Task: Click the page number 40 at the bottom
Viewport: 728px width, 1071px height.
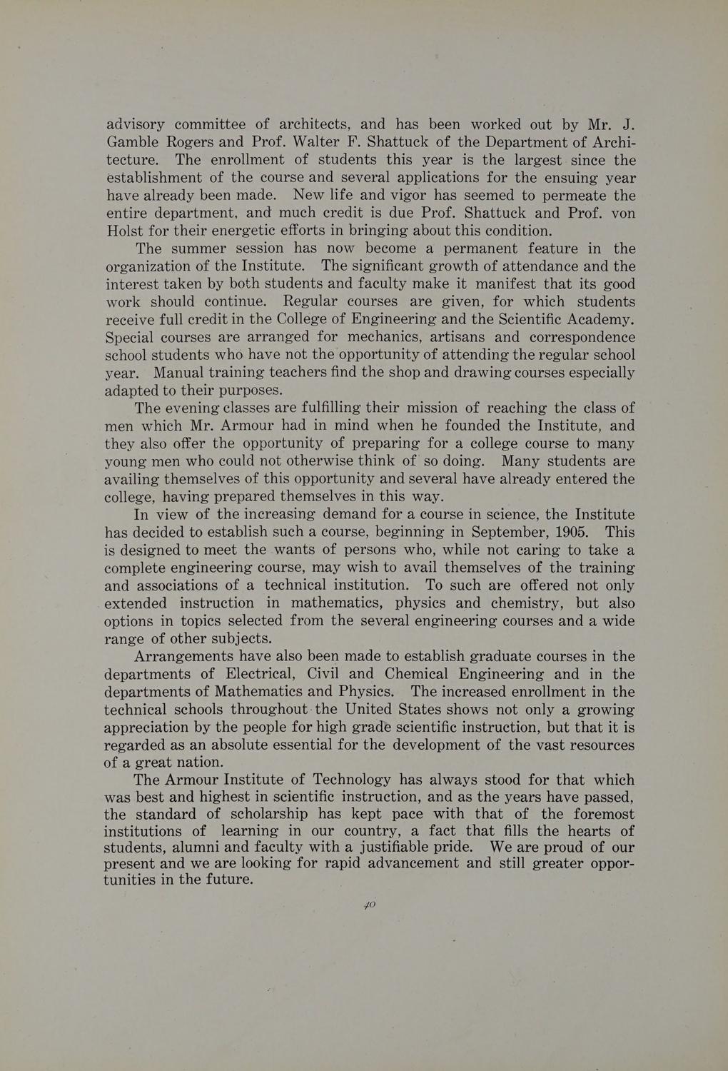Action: (368, 905)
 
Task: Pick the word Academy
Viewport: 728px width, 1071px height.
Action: (600, 319)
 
